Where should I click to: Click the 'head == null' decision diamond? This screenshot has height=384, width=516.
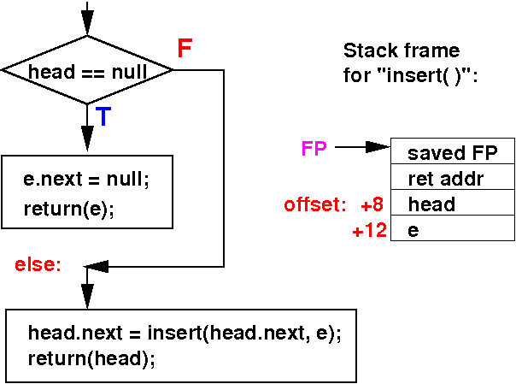[x=87, y=71]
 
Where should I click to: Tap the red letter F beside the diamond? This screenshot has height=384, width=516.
[x=185, y=49]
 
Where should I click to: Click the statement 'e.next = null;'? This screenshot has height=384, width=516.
[x=86, y=180]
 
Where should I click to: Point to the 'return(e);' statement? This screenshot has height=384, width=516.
[x=69, y=208]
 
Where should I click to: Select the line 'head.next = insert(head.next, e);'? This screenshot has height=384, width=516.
[x=185, y=333]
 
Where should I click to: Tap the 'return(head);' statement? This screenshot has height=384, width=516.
[x=92, y=358]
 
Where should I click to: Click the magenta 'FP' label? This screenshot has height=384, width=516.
[x=314, y=149]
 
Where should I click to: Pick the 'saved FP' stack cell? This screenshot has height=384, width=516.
[x=452, y=154]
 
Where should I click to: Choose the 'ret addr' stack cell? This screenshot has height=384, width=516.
[x=452, y=180]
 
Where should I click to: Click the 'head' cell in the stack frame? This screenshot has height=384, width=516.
[x=452, y=205]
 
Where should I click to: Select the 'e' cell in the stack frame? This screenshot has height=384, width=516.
[x=452, y=231]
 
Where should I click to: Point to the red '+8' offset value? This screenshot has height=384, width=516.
[x=372, y=205]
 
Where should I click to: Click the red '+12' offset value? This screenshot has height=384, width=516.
[x=369, y=231]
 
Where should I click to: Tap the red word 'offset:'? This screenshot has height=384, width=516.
[x=315, y=205]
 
